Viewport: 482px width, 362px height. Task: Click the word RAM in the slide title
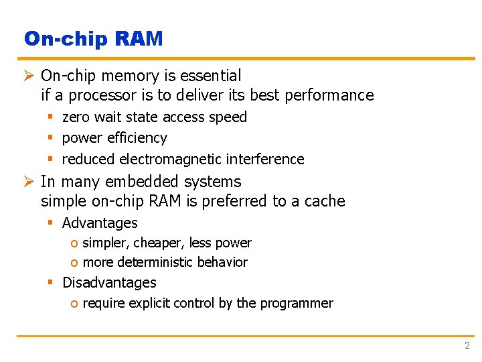[139, 39]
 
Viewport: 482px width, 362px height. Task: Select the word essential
[210, 76]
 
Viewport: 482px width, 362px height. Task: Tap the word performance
[329, 95]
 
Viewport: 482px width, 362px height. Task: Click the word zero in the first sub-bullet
[76, 117]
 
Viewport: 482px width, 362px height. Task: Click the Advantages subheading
[100, 223]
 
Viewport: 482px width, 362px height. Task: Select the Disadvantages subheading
[109, 283]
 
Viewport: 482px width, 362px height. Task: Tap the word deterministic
[167, 262]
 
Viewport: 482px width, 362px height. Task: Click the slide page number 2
[467, 346]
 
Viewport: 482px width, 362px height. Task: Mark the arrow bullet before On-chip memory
[29, 76]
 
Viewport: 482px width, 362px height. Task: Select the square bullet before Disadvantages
[50, 283]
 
